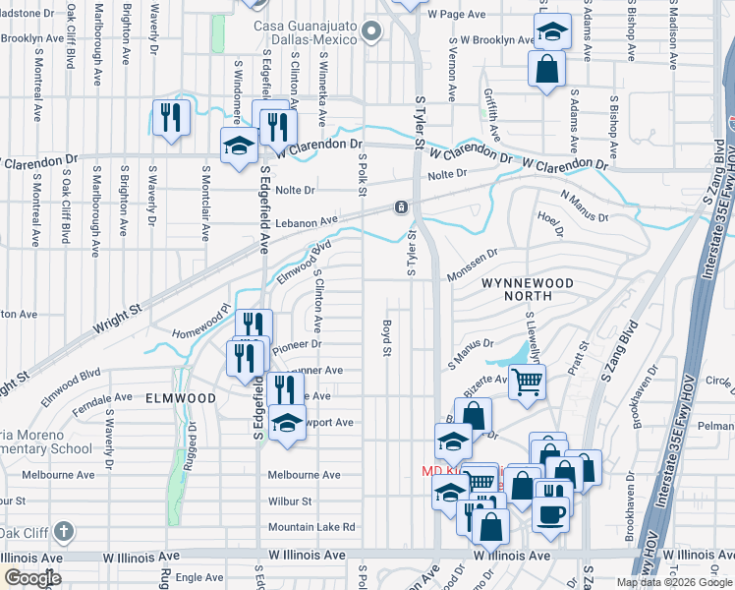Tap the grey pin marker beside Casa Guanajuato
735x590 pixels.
[369, 32]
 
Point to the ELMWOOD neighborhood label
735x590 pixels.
[180, 398]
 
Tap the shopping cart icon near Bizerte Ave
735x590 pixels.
[527, 380]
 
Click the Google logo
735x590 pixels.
[32, 578]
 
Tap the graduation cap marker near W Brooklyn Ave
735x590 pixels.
[552, 31]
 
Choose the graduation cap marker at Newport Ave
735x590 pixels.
[287, 424]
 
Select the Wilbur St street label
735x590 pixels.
[290, 501]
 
